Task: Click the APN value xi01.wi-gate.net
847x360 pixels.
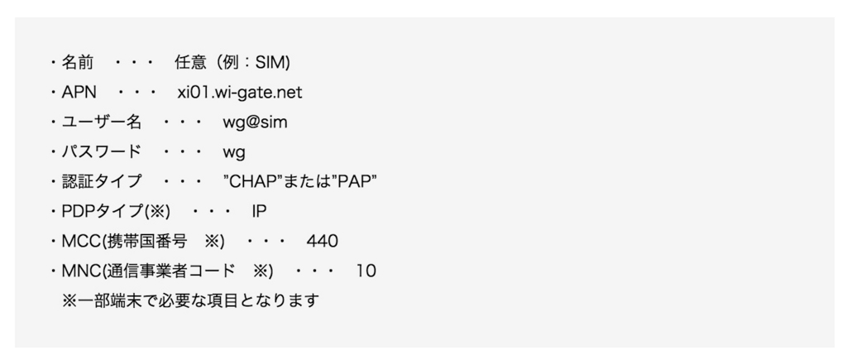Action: (x=240, y=92)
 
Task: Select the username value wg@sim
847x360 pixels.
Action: (x=255, y=122)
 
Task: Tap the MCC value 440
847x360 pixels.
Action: (x=322, y=241)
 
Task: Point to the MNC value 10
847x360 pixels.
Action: (x=366, y=271)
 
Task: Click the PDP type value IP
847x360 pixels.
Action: (x=259, y=211)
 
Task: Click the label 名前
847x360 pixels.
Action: (x=78, y=62)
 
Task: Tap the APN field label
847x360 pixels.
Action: (x=79, y=92)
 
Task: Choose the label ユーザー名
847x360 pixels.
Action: (x=102, y=122)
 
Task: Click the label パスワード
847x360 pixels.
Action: (x=102, y=152)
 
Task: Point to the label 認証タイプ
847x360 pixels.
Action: (x=102, y=181)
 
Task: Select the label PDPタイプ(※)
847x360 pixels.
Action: (x=116, y=211)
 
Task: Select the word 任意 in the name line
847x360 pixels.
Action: (x=189, y=62)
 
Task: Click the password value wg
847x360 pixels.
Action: (x=234, y=152)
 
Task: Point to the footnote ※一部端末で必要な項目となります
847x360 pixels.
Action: (x=190, y=300)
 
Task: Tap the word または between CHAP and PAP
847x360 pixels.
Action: (x=305, y=181)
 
